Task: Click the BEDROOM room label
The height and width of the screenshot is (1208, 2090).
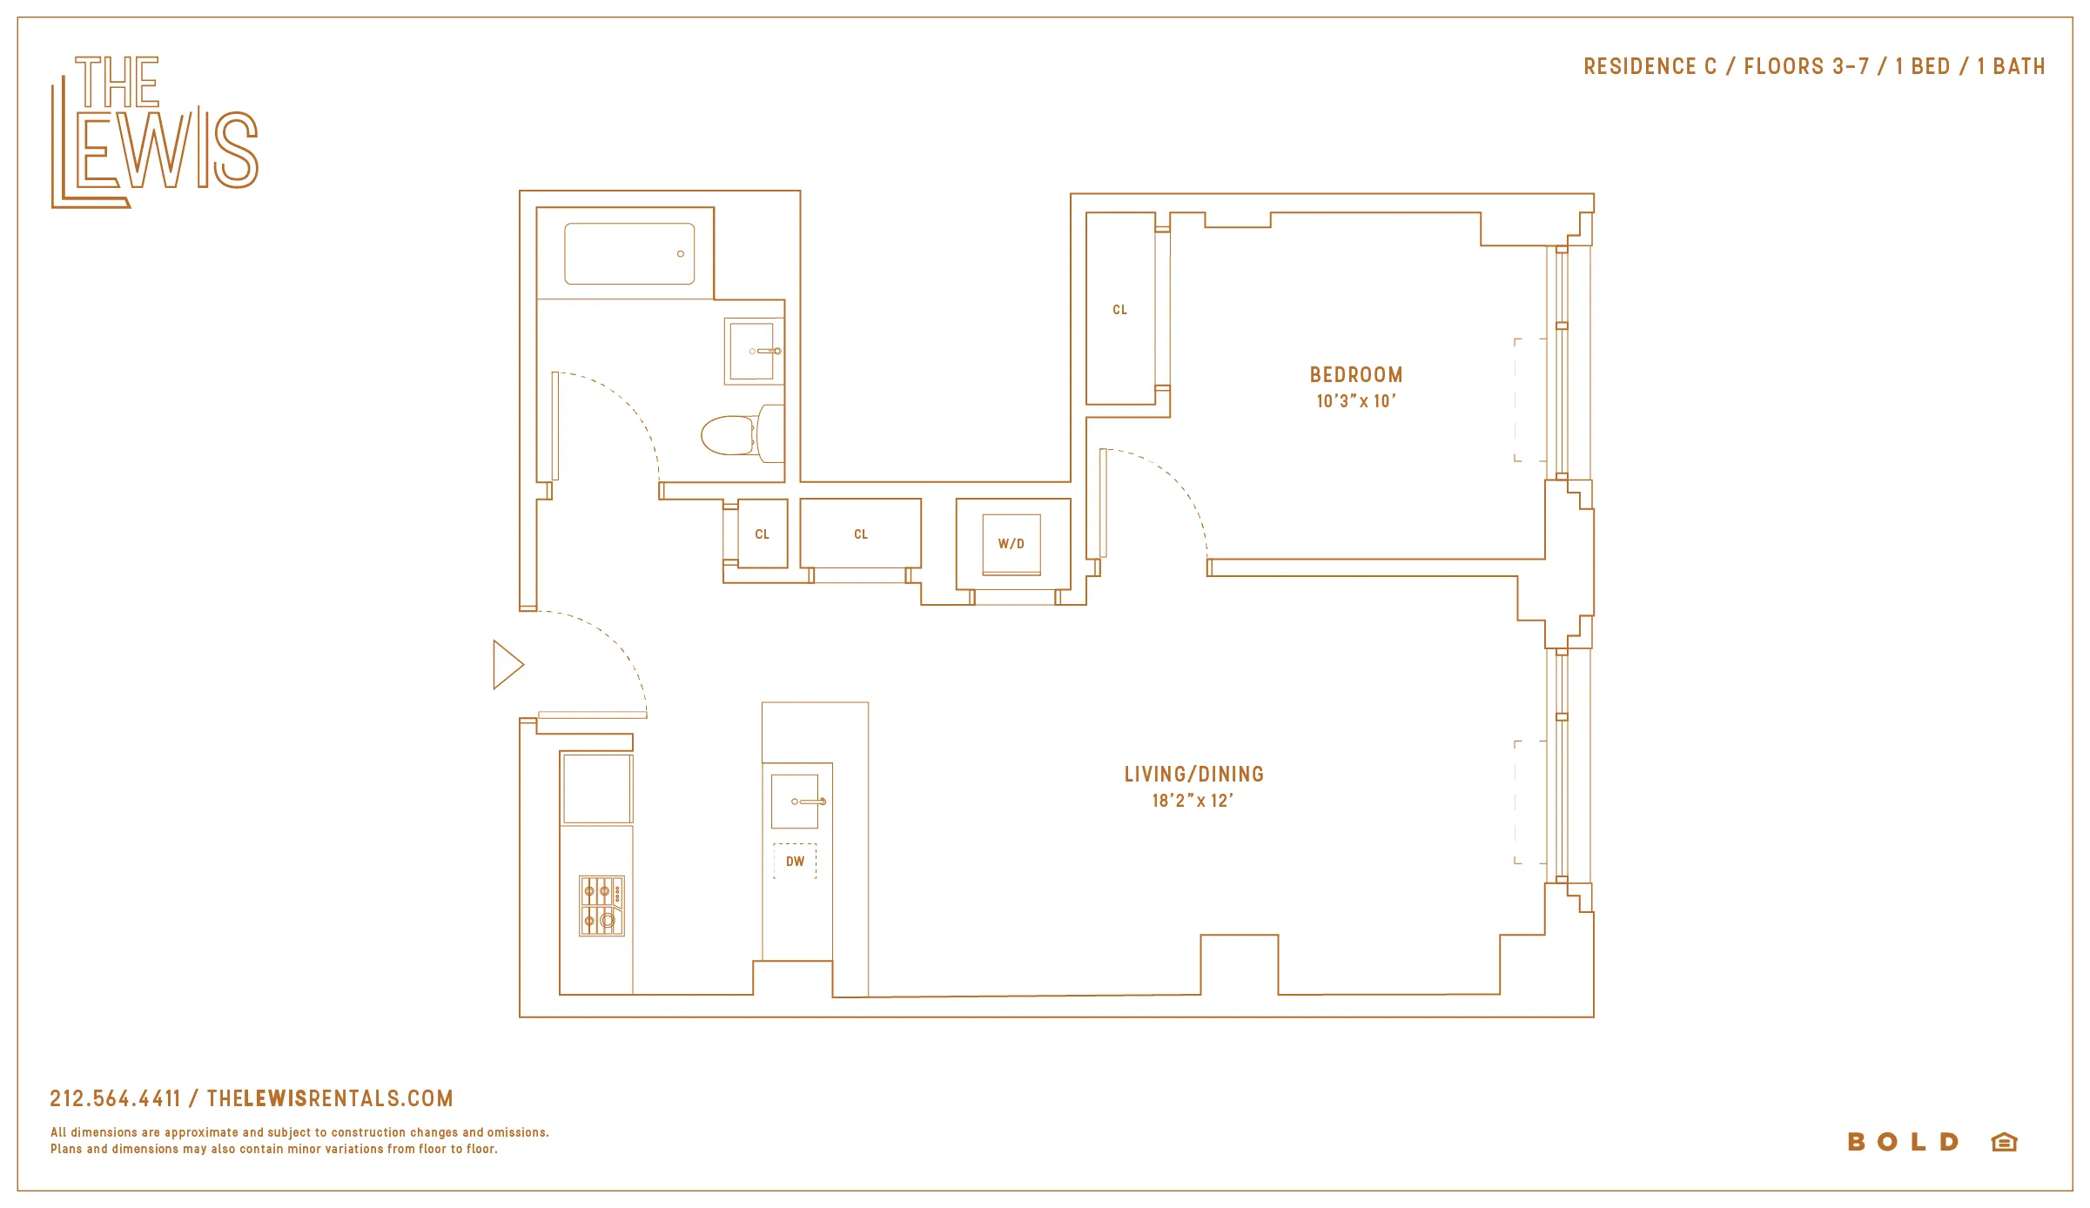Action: point(1355,375)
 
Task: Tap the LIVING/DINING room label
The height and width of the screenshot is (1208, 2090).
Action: point(1193,774)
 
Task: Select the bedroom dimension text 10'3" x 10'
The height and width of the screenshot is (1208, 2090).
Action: point(1355,401)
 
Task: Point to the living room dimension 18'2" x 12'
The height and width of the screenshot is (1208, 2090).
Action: point(1192,801)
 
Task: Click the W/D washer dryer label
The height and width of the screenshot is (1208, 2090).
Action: point(1011,544)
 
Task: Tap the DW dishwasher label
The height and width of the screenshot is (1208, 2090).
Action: point(795,862)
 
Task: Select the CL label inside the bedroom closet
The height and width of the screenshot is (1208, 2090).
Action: point(1119,310)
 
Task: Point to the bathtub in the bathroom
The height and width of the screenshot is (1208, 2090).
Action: point(629,253)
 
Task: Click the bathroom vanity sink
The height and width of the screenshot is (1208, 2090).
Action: point(752,351)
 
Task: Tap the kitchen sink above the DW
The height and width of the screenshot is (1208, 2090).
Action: point(796,801)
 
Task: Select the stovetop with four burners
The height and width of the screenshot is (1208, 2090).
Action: point(601,906)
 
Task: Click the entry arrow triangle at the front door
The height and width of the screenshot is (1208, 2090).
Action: point(507,665)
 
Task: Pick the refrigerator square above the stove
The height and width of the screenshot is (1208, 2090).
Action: point(597,789)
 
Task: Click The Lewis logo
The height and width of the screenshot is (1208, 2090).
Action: point(154,132)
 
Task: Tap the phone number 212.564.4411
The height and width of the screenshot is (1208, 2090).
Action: point(115,1098)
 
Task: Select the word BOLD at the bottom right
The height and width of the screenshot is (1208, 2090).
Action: point(1903,1142)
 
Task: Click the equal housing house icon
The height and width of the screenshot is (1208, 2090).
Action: point(2004,1142)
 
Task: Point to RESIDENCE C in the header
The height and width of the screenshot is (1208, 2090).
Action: point(1650,67)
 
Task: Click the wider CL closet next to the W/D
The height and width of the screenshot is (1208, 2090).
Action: point(860,534)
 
